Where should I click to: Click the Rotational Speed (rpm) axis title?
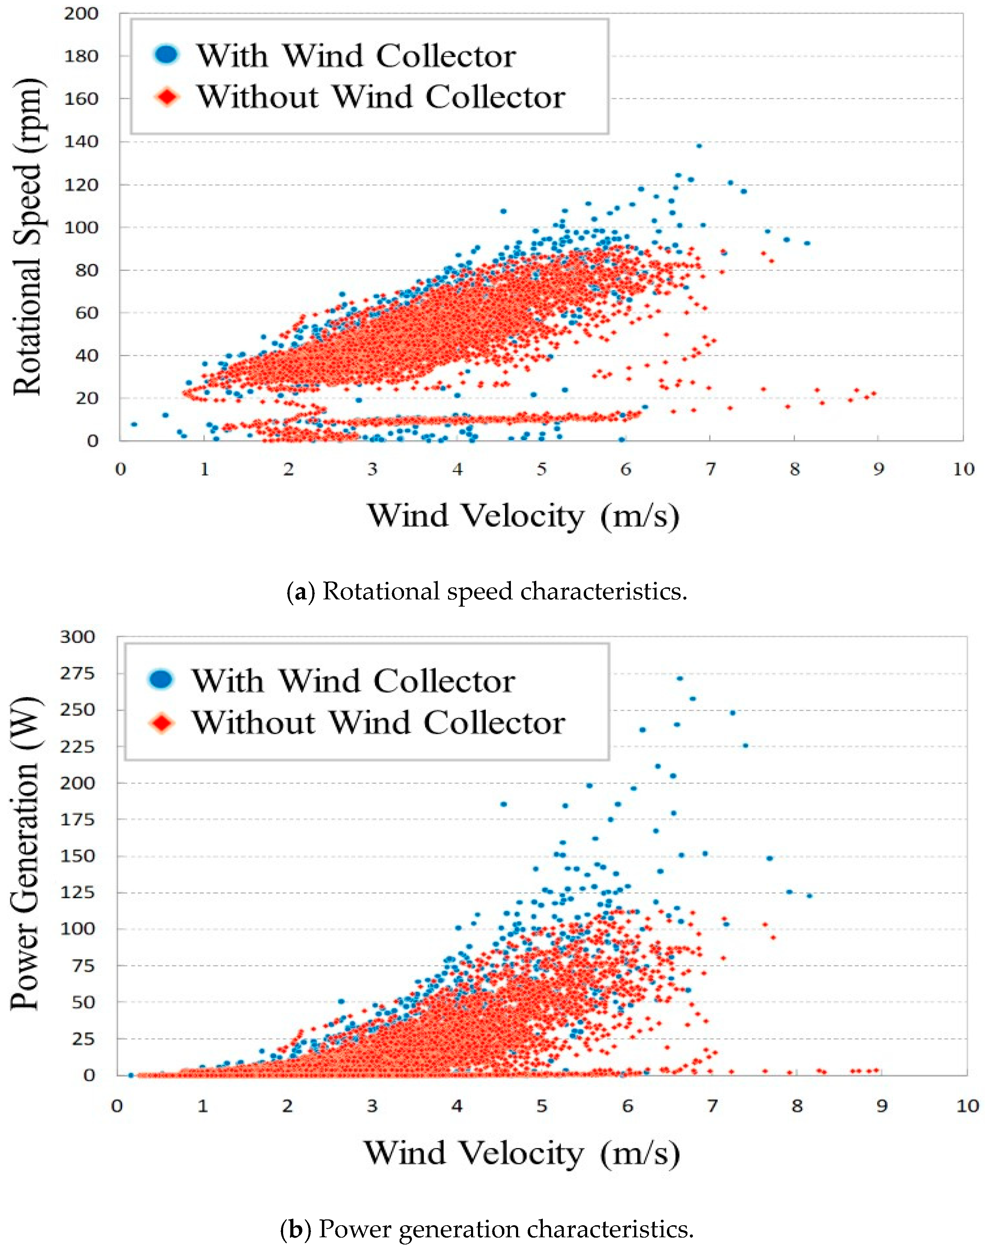click(x=28, y=237)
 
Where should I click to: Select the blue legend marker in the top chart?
click(x=167, y=54)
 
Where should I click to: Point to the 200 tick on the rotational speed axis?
click(x=81, y=13)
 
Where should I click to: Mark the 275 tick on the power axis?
click(x=77, y=673)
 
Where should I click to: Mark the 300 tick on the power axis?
click(x=77, y=637)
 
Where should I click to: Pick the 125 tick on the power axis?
click(x=77, y=892)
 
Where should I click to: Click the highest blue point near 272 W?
click(x=680, y=678)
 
